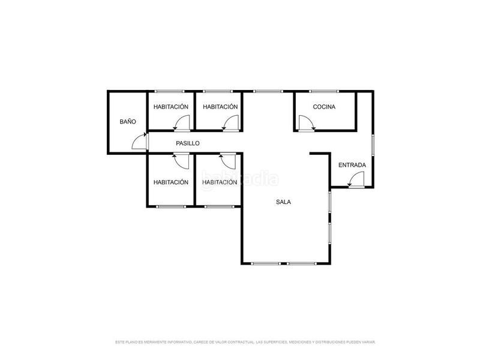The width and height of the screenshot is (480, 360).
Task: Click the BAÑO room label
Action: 128,121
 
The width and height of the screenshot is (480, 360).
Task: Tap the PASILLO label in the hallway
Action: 188,143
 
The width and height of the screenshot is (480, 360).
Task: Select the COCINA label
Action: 324,107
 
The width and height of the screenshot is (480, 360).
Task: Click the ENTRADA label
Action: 352,165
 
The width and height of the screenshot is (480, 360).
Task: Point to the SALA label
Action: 283,202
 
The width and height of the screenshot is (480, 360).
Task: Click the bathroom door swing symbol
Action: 140,142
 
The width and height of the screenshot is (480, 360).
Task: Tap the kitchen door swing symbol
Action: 307,124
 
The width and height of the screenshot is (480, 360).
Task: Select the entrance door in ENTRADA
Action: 356,179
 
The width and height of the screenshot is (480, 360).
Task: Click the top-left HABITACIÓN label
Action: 171,107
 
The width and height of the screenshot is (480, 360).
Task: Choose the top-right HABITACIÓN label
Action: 220,107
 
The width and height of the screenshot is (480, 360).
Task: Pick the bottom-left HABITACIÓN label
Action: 171,182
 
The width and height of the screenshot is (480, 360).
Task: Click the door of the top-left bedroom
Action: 179,124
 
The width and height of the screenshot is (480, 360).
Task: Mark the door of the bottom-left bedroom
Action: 179,160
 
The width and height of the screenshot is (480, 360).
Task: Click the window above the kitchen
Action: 324,91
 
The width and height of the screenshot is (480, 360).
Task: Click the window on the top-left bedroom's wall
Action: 171,91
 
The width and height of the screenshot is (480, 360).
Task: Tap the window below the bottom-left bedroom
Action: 171,207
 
